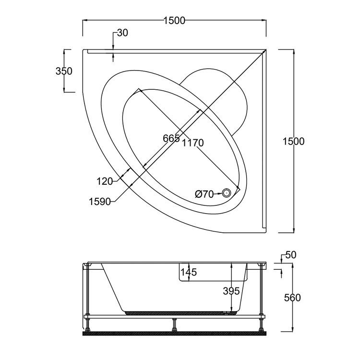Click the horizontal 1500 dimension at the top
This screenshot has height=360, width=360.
(x=174, y=21)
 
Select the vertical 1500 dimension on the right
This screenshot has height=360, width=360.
(x=294, y=141)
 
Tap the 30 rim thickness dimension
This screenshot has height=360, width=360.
(x=122, y=33)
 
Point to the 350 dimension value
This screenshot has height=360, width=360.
(x=64, y=71)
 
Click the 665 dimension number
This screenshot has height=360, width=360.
(x=171, y=139)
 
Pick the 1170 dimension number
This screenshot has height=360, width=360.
(x=193, y=143)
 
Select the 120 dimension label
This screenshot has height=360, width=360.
(x=104, y=181)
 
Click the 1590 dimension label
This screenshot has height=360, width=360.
(x=99, y=201)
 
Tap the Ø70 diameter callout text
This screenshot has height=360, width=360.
(x=204, y=194)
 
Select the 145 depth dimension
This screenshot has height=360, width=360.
(x=189, y=273)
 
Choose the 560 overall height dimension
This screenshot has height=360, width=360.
(x=292, y=298)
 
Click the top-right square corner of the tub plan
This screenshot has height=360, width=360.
(x=266, y=49)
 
